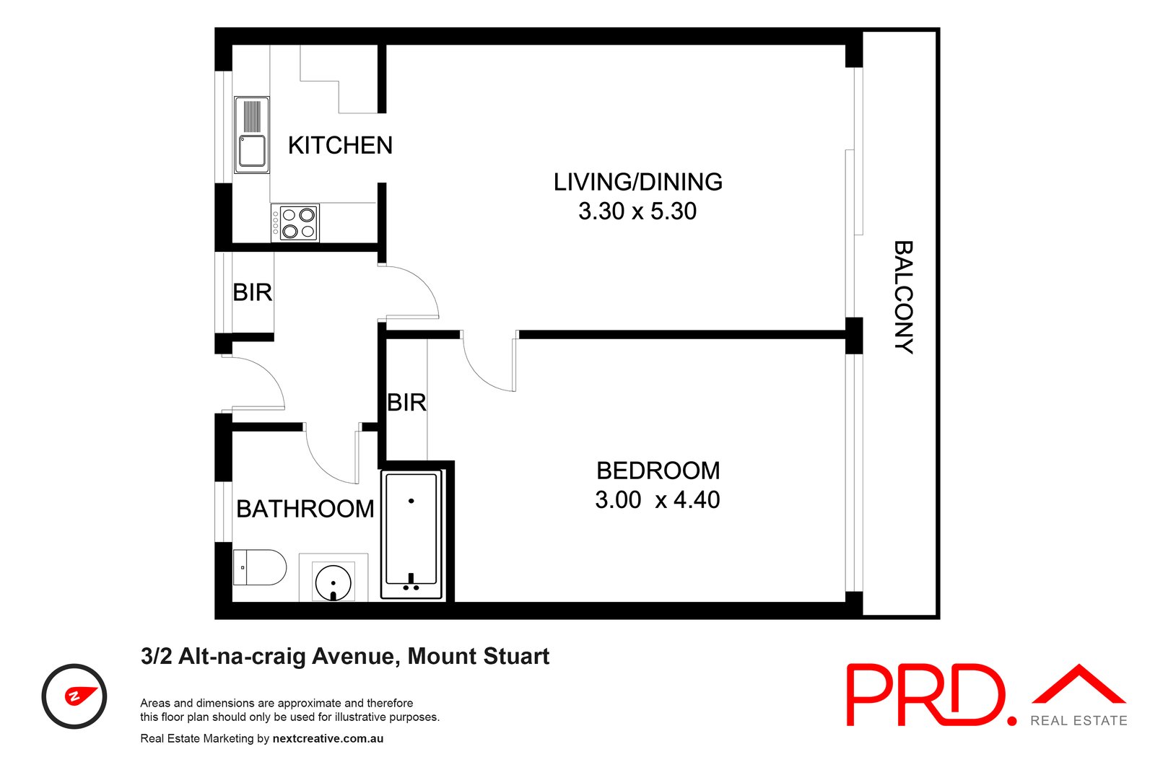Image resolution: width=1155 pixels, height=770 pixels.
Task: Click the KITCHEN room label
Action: pos(340,145)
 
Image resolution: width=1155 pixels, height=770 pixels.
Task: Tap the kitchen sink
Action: pos(252,134)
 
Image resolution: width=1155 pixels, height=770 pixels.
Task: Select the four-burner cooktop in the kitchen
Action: pos(295,223)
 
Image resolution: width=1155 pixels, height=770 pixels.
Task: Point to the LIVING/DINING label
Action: pos(638,182)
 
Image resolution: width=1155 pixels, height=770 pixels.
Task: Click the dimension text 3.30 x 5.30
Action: pos(637,211)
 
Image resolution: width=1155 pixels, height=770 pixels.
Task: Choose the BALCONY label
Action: pos(903,297)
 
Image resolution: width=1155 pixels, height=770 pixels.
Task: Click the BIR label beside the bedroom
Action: pos(407,403)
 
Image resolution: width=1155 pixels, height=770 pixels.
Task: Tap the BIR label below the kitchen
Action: pos(253,293)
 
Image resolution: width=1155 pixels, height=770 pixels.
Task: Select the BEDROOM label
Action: pos(658,471)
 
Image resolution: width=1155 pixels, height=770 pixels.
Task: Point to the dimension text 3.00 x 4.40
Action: pos(658,500)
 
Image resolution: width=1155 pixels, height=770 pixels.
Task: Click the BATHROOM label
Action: pos(305,509)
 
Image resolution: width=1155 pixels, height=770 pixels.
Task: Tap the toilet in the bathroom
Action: pos(259,567)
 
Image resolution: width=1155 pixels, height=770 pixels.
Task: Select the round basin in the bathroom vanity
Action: pos(333,583)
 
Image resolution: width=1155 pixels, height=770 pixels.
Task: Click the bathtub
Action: pos(411,535)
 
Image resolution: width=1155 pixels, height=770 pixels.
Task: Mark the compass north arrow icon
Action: pos(80,696)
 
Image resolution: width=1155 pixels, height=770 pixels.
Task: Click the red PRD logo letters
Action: pos(932,696)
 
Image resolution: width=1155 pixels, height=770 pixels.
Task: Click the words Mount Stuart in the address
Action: pos(479,657)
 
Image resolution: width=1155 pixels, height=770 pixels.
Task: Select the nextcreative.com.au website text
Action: pos(328,738)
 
